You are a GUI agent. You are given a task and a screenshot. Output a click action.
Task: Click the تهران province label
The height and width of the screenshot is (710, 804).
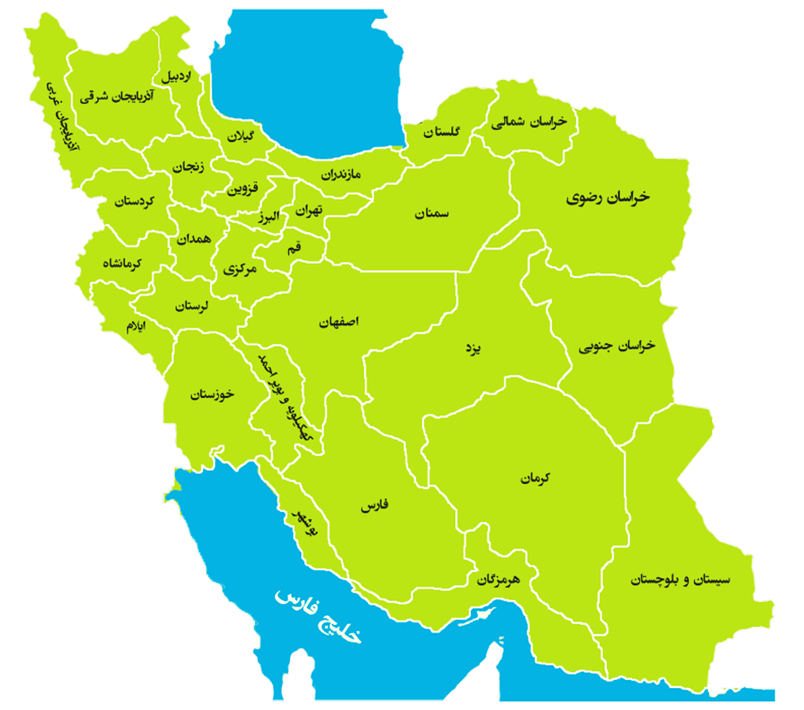(x=309, y=210)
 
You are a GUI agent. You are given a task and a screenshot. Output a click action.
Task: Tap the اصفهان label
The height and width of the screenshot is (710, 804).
(x=339, y=322)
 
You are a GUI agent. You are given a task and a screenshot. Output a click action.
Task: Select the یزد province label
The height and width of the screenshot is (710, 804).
(x=473, y=348)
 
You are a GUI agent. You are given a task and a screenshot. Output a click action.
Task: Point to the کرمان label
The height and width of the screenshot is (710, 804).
(x=535, y=479)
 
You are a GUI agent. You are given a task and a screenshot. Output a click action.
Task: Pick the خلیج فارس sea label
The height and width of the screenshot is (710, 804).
(x=318, y=617)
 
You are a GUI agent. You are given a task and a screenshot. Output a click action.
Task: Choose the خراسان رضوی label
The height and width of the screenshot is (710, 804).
(x=608, y=198)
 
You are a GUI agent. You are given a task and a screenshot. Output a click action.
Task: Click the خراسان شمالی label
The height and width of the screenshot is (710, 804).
(x=529, y=122)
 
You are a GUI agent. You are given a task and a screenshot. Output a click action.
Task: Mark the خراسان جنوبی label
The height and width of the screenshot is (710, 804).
(x=616, y=346)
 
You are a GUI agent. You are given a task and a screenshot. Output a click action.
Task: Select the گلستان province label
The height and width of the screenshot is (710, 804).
(x=441, y=132)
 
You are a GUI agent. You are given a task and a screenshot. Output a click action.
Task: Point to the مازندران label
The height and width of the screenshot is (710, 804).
(x=341, y=174)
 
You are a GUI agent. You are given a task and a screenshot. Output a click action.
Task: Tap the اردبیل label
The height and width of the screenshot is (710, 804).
(x=176, y=77)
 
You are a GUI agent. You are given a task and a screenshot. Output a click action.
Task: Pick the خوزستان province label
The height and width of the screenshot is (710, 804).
(x=213, y=394)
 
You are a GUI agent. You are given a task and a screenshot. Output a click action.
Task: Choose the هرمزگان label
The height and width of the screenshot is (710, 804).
(x=498, y=579)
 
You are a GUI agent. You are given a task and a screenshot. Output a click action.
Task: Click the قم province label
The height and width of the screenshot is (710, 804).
(x=294, y=248)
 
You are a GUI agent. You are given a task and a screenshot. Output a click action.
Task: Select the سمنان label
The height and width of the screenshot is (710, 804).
(x=431, y=214)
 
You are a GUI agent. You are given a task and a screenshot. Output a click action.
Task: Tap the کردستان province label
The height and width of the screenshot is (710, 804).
(x=134, y=201)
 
